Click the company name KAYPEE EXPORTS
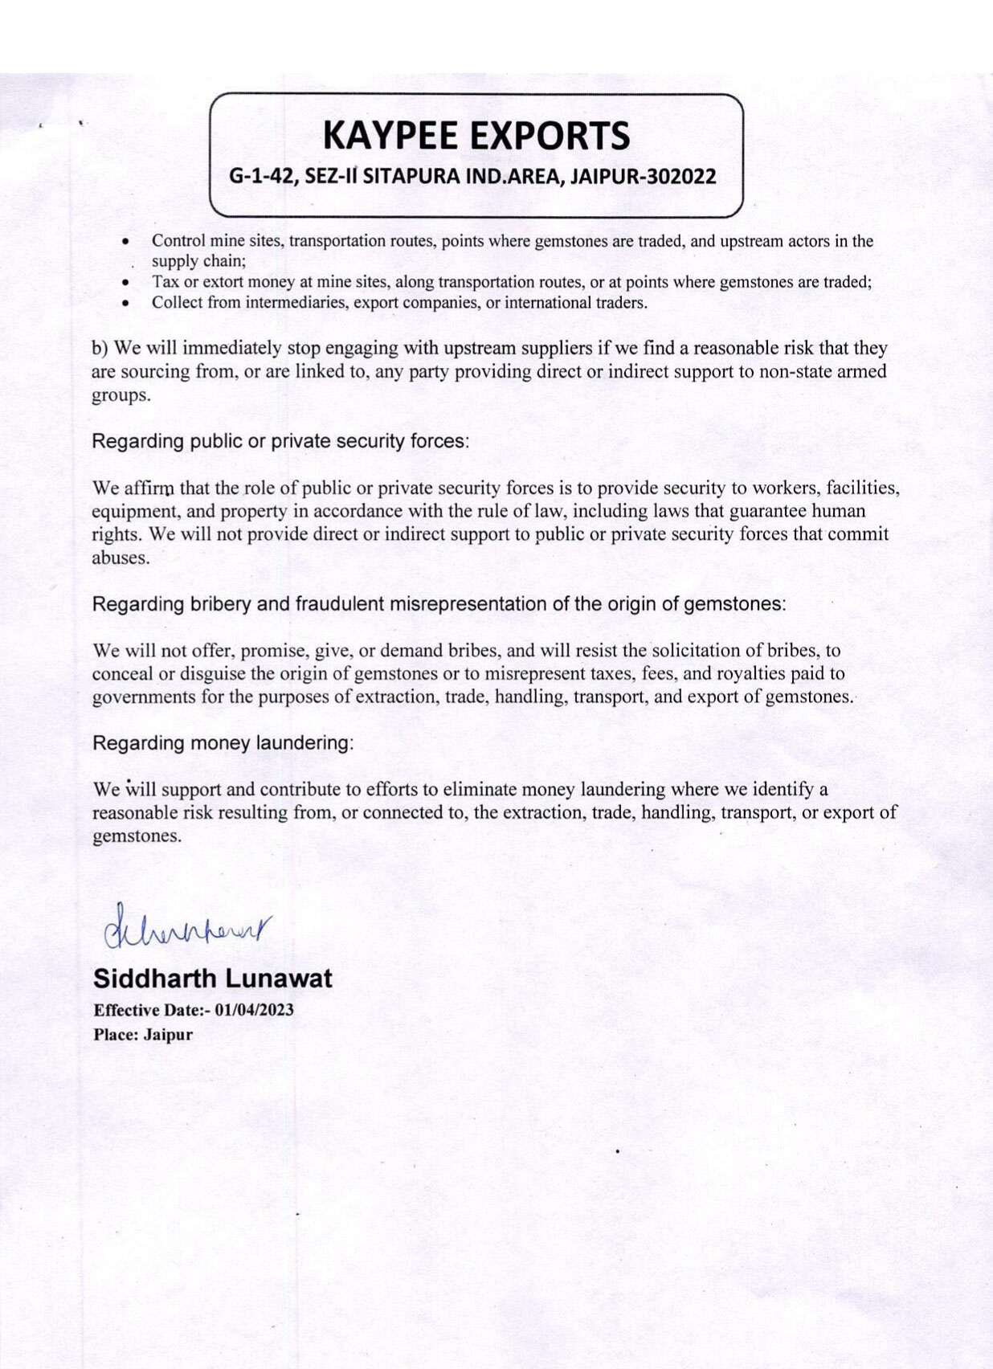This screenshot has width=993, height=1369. (476, 136)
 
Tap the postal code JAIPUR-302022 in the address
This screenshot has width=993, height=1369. (643, 177)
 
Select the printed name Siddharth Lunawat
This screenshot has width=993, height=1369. (212, 979)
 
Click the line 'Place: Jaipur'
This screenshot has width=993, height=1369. (143, 1035)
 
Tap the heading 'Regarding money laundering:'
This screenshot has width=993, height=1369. (223, 743)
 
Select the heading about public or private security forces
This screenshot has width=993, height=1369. (280, 441)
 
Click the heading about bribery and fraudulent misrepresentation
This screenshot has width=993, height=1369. (439, 604)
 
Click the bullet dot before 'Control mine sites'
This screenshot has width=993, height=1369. (125, 241)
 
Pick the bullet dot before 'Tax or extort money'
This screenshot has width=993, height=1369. (125, 283)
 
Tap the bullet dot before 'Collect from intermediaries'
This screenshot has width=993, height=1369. (125, 304)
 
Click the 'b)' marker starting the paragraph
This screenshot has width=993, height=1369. (100, 349)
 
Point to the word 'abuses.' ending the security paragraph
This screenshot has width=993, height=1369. (121, 558)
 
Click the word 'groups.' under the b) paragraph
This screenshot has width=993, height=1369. (121, 396)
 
